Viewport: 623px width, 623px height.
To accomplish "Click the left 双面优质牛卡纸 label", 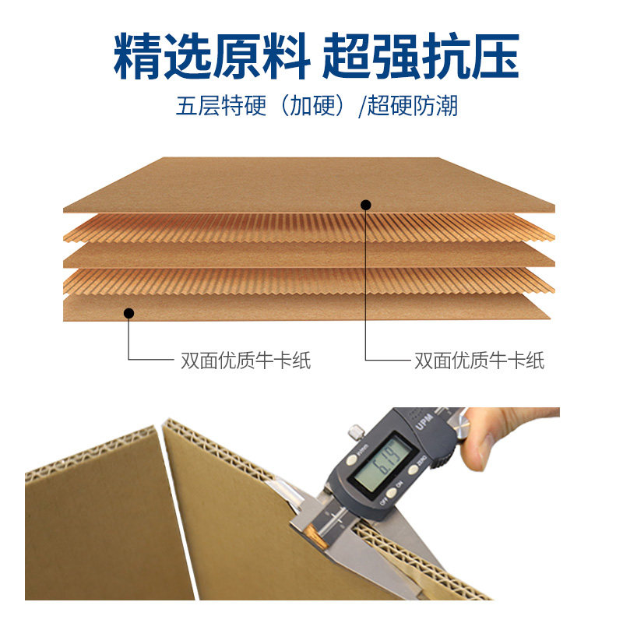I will point(245,361).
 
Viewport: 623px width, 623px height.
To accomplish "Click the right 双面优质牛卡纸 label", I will point(479,361).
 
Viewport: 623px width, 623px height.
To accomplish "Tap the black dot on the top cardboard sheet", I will point(365,205).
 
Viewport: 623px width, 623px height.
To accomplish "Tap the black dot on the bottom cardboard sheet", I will point(129,313).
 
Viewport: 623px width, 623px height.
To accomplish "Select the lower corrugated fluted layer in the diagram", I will point(311,282).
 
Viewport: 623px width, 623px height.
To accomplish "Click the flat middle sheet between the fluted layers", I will point(311,255).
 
